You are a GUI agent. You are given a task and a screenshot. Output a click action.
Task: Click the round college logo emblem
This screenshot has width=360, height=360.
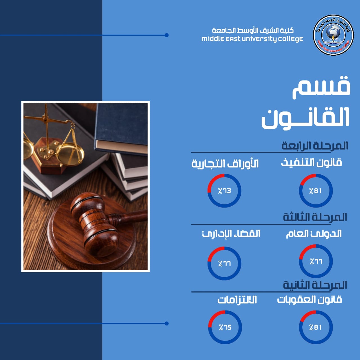point(333,35)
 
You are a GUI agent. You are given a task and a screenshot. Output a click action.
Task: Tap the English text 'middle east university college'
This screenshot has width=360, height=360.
point(252,39)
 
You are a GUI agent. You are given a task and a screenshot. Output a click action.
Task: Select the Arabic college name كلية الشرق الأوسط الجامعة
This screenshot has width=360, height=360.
point(253,30)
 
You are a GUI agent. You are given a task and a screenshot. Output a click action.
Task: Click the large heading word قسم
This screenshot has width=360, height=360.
point(321,87)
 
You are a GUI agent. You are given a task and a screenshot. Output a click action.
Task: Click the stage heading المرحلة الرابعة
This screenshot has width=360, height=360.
point(315,146)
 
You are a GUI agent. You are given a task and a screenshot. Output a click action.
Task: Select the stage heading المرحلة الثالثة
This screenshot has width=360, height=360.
point(315,217)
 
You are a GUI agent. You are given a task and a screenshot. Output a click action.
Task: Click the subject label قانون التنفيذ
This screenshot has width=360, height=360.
point(311,163)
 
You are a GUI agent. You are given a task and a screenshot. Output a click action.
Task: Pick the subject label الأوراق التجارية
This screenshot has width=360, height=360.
point(225,164)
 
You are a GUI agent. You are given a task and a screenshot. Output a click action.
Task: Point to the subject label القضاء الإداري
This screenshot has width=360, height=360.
point(231,234)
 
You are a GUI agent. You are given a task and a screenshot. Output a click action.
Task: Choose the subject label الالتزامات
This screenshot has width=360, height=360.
point(237,300)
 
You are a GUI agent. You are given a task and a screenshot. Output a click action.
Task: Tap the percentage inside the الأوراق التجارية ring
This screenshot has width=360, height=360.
point(224,191)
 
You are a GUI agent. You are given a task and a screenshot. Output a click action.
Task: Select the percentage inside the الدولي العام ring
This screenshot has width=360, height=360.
point(316,261)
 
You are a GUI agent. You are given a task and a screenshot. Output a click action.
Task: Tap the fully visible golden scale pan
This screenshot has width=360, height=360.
point(70,154)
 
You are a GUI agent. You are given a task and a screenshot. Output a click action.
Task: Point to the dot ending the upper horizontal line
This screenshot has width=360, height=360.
point(167,35)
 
